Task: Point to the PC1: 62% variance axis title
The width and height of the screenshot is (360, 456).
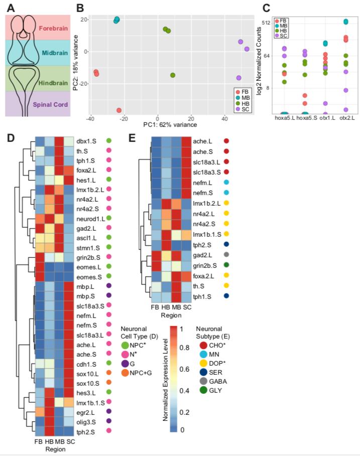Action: pyautogui.click(x=170, y=124)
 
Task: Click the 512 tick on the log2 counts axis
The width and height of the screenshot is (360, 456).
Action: pyautogui.click(x=266, y=23)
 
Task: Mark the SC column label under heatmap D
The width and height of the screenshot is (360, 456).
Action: pyautogui.click(x=70, y=442)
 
